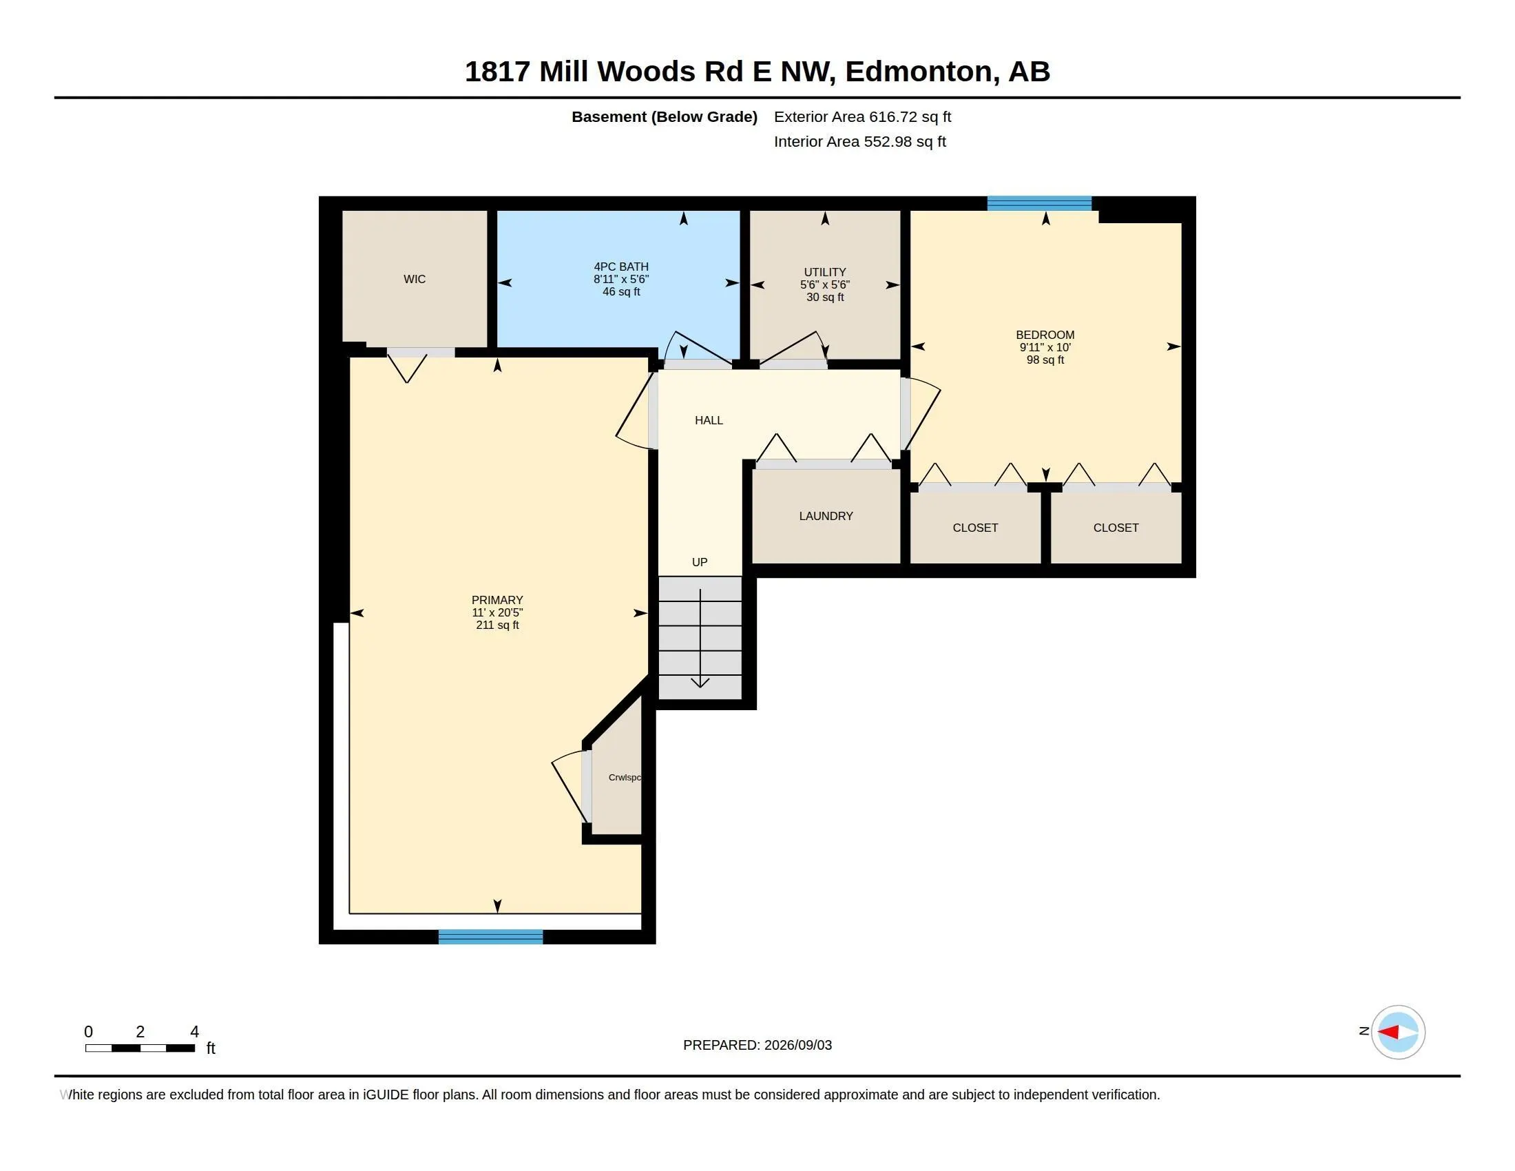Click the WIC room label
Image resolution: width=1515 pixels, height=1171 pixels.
(414, 279)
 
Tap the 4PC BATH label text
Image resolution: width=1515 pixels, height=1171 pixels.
(621, 267)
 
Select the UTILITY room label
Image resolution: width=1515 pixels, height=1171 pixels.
(825, 272)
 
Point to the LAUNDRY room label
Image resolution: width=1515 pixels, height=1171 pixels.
(826, 516)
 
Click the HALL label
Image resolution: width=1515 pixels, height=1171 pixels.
(709, 420)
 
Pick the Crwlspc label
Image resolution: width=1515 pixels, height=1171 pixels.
(625, 778)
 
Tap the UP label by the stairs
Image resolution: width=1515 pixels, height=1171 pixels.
(699, 562)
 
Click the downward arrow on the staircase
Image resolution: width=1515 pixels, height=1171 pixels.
(700, 639)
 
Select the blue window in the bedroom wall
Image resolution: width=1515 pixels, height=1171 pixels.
(1039, 203)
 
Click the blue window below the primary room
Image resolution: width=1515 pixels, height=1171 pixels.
(490, 937)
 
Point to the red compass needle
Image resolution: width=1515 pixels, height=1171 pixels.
(1388, 1033)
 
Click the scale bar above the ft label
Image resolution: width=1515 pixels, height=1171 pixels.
(140, 1048)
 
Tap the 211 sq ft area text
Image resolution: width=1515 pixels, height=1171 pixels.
(497, 625)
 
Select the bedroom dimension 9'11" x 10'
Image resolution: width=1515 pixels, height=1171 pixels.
(1045, 348)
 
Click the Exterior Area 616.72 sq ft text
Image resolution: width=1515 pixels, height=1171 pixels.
(862, 116)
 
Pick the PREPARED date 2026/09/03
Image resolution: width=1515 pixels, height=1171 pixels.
(798, 1045)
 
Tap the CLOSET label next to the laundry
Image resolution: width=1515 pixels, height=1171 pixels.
(975, 528)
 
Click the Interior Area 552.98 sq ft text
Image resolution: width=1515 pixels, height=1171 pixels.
(860, 141)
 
